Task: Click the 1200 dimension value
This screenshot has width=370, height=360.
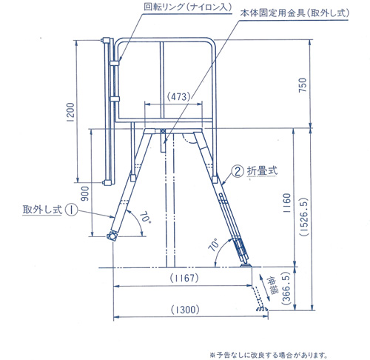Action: pos(70,112)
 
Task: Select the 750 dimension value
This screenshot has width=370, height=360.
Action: pos(303,85)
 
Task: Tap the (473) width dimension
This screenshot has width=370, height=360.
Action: pos(179,96)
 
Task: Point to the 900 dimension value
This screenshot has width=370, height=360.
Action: pos(85,194)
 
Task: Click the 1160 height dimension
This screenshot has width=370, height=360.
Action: pos(287,203)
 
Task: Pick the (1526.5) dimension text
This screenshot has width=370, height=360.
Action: pos(304,217)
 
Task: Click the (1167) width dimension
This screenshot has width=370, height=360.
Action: pos(184,279)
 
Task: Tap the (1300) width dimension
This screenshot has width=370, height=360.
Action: pos(185,310)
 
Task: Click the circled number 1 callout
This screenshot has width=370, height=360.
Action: pos(71,210)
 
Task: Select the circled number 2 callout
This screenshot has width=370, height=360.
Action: pos(238,171)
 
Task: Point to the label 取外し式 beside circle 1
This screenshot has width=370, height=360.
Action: pos(42,210)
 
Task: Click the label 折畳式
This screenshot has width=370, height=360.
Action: pos(262,171)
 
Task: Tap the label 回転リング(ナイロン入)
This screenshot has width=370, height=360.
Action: pos(188,7)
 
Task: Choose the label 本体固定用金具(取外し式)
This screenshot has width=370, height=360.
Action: pos(295,13)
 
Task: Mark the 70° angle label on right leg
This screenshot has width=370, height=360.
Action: pos(214,244)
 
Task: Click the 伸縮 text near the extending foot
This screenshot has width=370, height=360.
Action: pos(272,285)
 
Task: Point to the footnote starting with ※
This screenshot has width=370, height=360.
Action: pos(269,355)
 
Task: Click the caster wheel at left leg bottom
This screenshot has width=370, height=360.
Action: pos(112,236)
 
